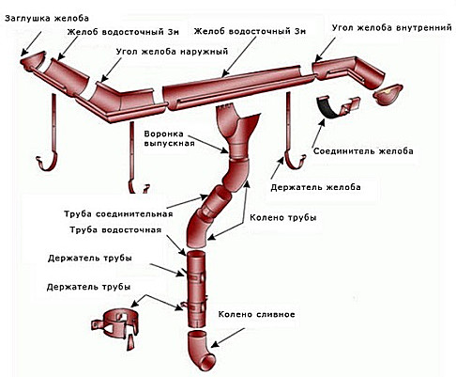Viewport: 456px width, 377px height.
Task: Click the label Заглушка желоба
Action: [47, 18]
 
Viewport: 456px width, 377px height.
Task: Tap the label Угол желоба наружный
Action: [172, 52]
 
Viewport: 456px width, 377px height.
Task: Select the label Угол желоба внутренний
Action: [392, 27]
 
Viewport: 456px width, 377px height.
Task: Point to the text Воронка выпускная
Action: [168, 138]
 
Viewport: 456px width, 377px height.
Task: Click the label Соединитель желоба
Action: [363, 151]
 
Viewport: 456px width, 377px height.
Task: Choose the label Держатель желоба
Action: [315, 187]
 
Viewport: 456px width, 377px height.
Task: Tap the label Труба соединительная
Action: [118, 214]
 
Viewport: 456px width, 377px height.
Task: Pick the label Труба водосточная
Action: [115, 229]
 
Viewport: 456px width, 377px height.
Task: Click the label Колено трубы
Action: [282, 217]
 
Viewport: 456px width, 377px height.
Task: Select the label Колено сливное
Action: [256, 314]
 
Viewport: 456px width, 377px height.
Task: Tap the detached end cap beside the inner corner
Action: [388, 94]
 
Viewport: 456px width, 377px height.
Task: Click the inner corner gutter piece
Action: [348, 71]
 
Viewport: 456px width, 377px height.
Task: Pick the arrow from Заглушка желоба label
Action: [31, 43]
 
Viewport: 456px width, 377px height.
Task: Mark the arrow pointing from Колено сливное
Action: [227, 338]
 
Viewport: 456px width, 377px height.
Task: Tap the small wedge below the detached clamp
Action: [131, 343]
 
